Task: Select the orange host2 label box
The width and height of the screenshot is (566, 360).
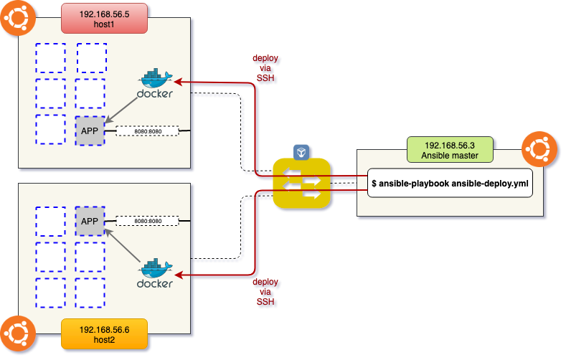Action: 103,333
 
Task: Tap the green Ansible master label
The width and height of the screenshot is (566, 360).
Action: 450,149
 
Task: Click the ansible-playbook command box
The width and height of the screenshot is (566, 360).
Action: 450,184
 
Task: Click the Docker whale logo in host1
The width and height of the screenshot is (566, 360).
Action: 156,85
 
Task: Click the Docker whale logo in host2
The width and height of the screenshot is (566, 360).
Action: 156,272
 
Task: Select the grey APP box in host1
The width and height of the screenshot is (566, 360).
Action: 90,130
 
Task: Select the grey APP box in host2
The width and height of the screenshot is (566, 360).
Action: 90,221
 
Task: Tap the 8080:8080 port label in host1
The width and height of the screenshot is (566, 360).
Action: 147,131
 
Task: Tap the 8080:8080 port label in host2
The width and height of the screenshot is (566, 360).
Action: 147,222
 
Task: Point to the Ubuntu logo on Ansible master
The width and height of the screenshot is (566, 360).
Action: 537,150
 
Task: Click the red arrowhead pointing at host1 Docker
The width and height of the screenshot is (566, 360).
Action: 178,82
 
